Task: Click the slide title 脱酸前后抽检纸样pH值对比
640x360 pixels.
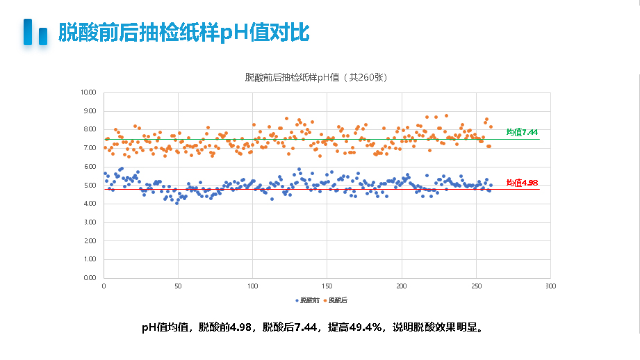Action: (x=183, y=33)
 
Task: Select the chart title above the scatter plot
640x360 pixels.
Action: (x=315, y=78)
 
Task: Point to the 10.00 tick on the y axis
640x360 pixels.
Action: (x=88, y=92)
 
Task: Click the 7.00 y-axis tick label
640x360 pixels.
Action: (x=90, y=148)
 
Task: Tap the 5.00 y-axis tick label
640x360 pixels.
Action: (x=90, y=186)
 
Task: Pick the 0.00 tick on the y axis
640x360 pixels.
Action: (x=90, y=278)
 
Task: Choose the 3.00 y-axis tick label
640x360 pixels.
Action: (x=90, y=222)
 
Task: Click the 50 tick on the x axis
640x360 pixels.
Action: (x=178, y=286)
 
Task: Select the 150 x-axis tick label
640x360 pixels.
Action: (x=327, y=286)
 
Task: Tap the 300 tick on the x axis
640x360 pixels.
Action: (x=550, y=286)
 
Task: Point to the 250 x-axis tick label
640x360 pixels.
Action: (x=476, y=286)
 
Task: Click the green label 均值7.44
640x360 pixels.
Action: (x=522, y=132)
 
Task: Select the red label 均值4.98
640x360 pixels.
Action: (x=522, y=183)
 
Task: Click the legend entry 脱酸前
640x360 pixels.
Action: (x=307, y=300)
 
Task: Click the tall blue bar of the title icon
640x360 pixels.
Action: (x=28, y=32)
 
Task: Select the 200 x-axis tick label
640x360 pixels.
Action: (x=402, y=286)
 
